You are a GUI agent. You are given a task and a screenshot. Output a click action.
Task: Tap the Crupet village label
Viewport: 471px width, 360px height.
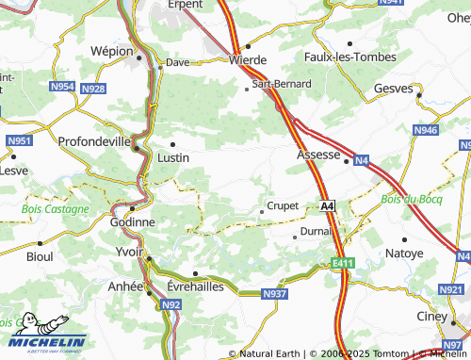[x=283, y=205]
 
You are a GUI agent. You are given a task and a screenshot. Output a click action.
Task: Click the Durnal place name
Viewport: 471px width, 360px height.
[x=315, y=231]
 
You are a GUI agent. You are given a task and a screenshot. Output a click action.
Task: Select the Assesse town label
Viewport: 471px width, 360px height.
[x=317, y=153]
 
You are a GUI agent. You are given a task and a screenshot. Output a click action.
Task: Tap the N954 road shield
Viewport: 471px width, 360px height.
[x=62, y=87]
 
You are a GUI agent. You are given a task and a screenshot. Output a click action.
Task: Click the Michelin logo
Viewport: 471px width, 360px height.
[x=43, y=341]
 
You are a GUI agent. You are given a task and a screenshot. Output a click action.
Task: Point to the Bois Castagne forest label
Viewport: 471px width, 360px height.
[x=56, y=208]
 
